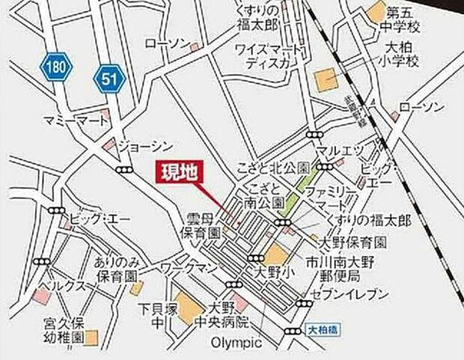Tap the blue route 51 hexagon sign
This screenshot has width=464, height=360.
(109, 76)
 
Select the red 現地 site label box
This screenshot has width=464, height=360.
(180, 173)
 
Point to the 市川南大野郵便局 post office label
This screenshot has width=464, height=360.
(350, 271)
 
